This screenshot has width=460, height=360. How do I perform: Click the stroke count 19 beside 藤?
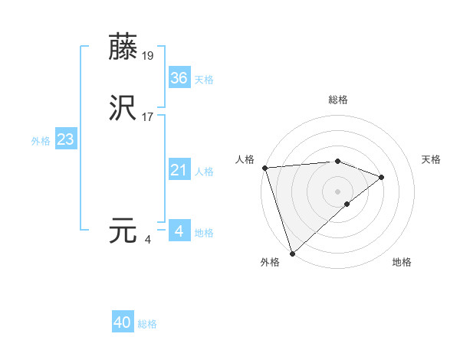click(x=149, y=55)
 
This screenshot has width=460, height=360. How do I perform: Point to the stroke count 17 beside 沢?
click(x=149, y=117)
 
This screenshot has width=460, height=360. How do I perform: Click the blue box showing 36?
click(x=179, y=78)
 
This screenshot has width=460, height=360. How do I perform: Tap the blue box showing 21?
click(x=179, y=170)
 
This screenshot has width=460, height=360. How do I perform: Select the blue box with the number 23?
click(x=65, y=140)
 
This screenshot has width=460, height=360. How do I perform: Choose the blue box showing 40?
click(x=123, y=322)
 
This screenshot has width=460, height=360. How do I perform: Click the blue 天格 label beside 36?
click(x=204, y=80)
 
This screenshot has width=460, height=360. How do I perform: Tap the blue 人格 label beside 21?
click(x=204, y=172)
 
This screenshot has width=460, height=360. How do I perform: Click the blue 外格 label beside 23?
click(x=41, y=141)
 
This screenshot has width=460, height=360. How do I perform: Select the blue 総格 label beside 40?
click(x=147, y=324)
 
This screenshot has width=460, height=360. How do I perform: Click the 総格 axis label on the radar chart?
click(x=338, y=100)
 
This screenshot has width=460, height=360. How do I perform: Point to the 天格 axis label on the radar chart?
click(x=431, y=159)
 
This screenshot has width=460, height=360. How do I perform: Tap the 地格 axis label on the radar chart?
click(x=402, y=262)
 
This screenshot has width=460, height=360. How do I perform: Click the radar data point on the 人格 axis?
click(x=264, y=168)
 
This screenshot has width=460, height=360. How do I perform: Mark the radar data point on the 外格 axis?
click(x=292, y=253)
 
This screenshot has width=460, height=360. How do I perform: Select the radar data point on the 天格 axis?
click(x=382, y=177)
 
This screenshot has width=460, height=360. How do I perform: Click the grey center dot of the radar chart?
click(x=338, y=191)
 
